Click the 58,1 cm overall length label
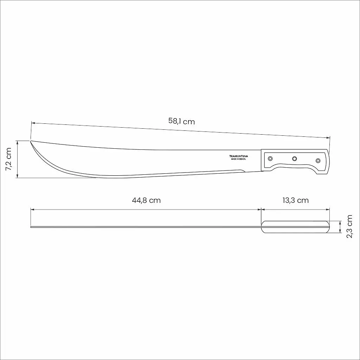181,121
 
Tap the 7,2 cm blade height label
8,159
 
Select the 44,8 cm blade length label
146,200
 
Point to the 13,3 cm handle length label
295,200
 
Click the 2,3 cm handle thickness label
349,227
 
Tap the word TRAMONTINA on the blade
239,156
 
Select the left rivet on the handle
270,159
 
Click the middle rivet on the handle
295,159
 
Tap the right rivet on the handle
318,160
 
